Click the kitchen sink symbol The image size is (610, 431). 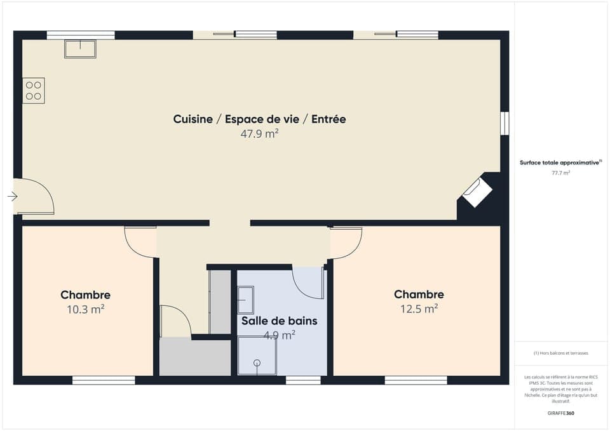(x=80, y=49)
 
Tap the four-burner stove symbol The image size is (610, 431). (x=34, y=90)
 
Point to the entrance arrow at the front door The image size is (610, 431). (x=12, y=197)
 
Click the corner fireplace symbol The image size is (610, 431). (x=477, y=191)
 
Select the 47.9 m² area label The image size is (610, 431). (x=259, y=134)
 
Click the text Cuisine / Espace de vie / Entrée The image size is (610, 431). (x=259, y=119)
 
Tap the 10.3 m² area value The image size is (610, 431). (x=85, y=310)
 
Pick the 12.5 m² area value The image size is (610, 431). (x=419, y=309)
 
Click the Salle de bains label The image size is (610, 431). (x=279, y=321)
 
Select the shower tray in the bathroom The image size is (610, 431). (x=257, y=356)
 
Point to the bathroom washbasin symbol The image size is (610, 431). (x=245, y=300)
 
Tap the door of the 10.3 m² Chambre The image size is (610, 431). (x=140, y=242)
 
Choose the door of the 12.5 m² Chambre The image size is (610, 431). (x=345, y=242)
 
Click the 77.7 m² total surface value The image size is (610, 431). (x=560, y=173)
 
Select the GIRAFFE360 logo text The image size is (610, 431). (x=560, y=413)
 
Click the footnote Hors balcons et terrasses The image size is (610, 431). (x=560, y=353)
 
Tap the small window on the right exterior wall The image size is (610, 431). (x=505, y=123)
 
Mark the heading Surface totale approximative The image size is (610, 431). (x=560, y=162)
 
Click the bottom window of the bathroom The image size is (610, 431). (x=303, y=380)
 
